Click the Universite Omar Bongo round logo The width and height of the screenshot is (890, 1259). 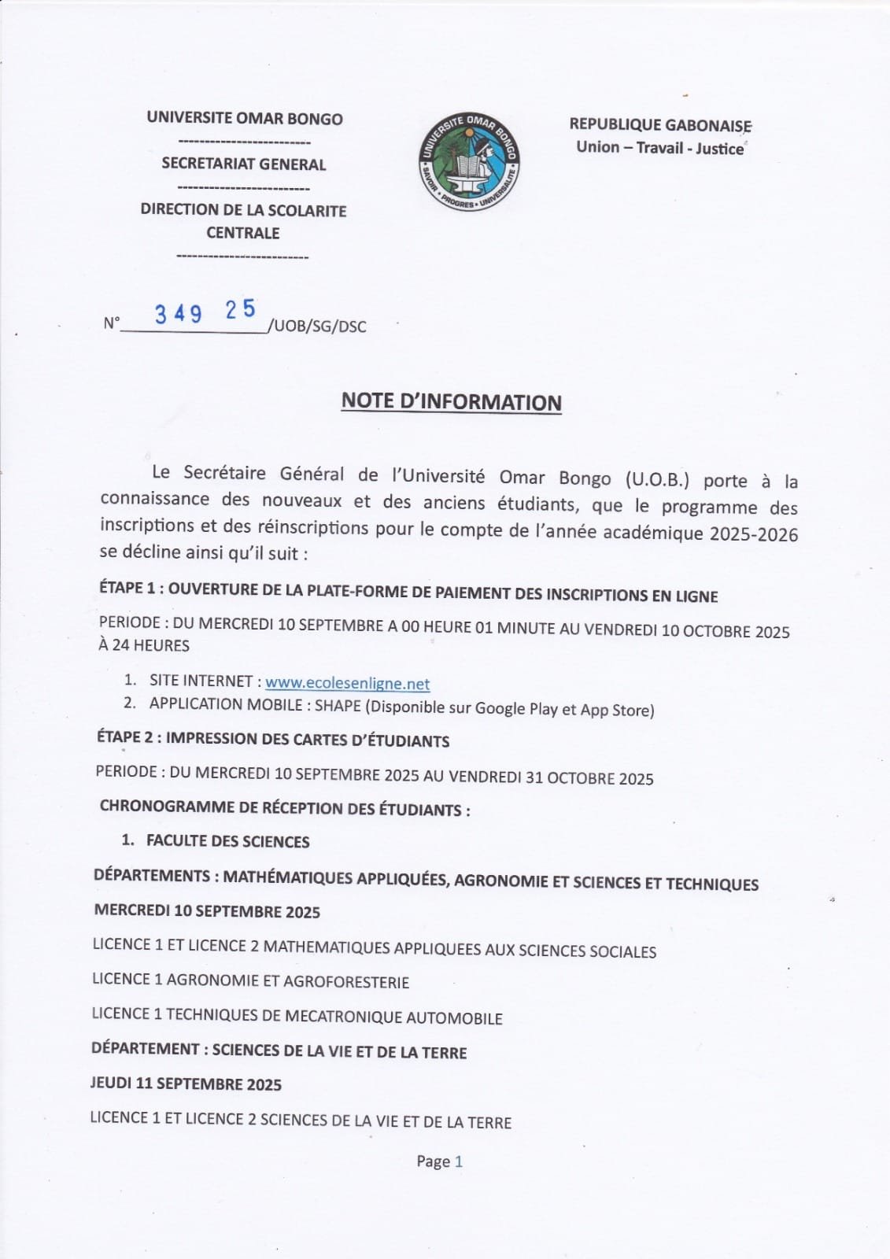pos(468,161)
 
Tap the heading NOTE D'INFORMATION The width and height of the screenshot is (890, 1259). pos(451,401)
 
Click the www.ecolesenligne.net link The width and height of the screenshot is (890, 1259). pos(347,683)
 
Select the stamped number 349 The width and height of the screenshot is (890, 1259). pos(179,314)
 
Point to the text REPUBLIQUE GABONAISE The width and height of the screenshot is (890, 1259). pos(660,125)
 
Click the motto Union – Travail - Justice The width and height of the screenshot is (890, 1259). pos(659,148)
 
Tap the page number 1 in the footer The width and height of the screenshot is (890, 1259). pos(459,1161)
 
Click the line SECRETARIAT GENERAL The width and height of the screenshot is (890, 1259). pos(243,164)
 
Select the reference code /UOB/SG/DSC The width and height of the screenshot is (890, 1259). pos(317,326)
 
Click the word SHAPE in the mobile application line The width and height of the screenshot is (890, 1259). pos(338,706)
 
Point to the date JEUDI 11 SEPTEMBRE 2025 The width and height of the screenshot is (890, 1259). pos(186,1084)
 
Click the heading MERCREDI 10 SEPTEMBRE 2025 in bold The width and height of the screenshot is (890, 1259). pos(207,911)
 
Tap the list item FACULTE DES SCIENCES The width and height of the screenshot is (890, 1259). pos(227,841)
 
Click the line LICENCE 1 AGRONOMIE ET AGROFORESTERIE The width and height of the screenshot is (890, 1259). pos(250,981)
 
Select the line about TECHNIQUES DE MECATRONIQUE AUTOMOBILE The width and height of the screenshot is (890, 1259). pos(297,1016)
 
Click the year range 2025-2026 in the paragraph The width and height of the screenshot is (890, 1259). pos(753,535)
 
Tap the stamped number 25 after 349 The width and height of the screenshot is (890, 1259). pos(241,309)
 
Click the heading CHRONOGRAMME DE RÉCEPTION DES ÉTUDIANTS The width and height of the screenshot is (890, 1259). pos(285,808)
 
